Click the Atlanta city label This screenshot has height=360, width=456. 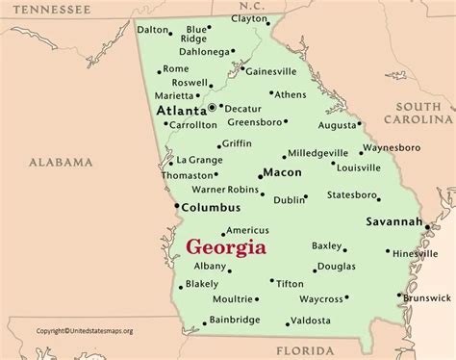179,111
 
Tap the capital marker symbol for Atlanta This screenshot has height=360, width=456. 212,108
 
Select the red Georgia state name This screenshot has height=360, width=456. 226,246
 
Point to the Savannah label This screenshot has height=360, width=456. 393,221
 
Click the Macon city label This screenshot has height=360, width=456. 281,172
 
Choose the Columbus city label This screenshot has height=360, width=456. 211,207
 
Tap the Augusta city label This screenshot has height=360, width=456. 339,125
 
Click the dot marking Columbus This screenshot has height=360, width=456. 176,206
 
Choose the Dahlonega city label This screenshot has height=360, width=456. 209,51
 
